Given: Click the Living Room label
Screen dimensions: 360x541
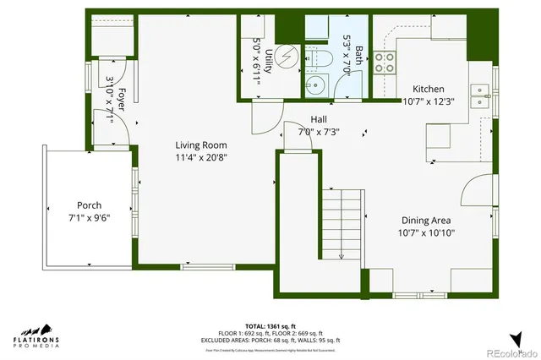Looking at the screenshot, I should coord(201,145).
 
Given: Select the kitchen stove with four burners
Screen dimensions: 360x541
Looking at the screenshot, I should coord(385,61).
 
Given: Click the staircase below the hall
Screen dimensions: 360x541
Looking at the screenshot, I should coord(340,224).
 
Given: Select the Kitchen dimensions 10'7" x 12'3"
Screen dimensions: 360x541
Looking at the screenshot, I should coord(427,101).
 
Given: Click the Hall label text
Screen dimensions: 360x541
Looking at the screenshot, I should coord(318,119).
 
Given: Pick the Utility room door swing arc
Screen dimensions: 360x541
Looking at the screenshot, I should coord(264,120).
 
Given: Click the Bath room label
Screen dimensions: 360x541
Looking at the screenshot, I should coord(358,55).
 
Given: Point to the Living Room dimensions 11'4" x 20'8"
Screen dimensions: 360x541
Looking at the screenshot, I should coord(201,156).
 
